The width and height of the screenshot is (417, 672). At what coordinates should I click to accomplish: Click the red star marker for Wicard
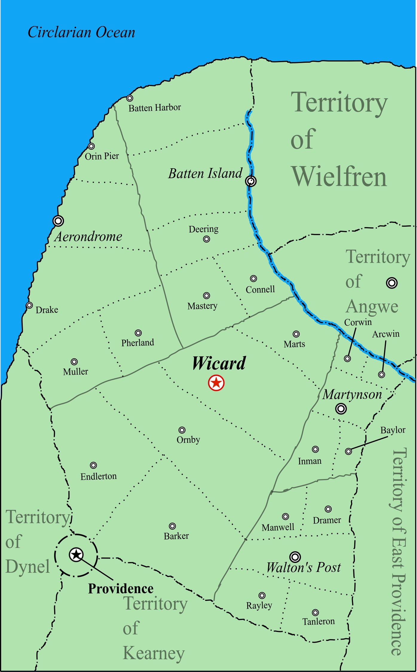pyautogui.click(x=216, y=383)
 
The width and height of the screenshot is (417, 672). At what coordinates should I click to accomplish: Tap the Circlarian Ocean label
pyautogui.click(x=81, y=32)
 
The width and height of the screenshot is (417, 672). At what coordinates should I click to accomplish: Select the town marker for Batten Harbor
pyautogui.click(x=129, y=98)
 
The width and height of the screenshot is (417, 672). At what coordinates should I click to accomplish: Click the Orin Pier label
pyautogui.click(x=102, y=156)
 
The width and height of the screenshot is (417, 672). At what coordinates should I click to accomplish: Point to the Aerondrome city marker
pyautogui.click(x=58, y=221)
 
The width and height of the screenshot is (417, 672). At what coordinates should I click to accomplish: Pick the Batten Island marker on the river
pyautogui.click(x=251, y=181)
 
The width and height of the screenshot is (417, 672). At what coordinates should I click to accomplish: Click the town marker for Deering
pyautogui.click(x=206, y=239)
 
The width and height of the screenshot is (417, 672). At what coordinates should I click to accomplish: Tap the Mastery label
pyautogui.click(x=202, y=306)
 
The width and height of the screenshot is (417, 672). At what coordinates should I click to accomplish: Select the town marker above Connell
pyautogui.click(x=253, y=278)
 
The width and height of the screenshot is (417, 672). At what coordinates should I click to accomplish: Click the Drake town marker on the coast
pyautogui.click(x=29, y=305)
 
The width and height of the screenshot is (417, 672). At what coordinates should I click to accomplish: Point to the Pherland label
pyautogui.click(x=138, y=342)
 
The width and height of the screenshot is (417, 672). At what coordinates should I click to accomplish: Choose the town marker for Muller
pyautogui.click(x=74, y=362)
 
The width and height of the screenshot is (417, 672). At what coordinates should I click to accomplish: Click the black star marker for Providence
pyautogui.click(x=76, y=555)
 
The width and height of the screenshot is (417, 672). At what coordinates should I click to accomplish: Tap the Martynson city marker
pyautogui.click(x=341, y=408)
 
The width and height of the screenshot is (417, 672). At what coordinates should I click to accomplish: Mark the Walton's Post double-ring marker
pyautogui.click(x=295, y=557)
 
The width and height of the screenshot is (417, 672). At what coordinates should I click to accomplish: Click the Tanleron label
pyautogui.click(x=318, y=622)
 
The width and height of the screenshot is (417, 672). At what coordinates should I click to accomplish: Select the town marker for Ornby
pyautogui.click(x=182, y=430)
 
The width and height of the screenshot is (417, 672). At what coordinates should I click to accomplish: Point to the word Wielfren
pyautogui.click(x=339, y=177)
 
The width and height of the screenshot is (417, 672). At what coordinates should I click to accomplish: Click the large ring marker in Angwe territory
pyautogui.click(x=392, y=283)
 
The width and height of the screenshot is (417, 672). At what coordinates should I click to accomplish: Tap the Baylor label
pyautogui.click(x=393, y=430)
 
